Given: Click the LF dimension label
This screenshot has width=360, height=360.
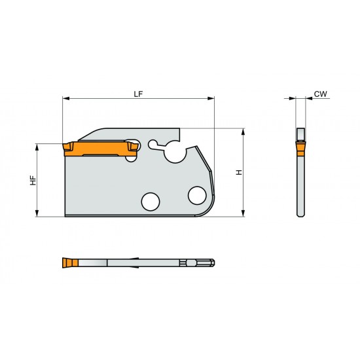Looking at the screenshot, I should [x=137, y=94].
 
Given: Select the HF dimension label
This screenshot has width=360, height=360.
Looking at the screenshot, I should [x=32, y=180].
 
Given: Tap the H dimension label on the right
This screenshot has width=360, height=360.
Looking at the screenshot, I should [x=239, y=172].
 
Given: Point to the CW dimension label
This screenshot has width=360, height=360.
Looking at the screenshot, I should [x=319, y=94].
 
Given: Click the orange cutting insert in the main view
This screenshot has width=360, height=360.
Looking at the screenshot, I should [x=98, y=150].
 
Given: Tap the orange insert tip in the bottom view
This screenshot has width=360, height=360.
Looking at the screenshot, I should [x=67, y=263].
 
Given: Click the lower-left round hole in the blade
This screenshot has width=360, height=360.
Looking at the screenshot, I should [x=151, y=201].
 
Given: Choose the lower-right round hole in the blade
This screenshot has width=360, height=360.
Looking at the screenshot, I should [x=196, y=194].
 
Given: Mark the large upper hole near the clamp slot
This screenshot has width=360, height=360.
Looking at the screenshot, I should [x=175, y=153].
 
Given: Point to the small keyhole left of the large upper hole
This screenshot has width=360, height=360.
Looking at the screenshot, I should [x=153, y=143].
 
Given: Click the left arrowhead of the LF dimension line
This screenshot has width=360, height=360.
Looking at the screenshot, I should [x=65, y=99].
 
